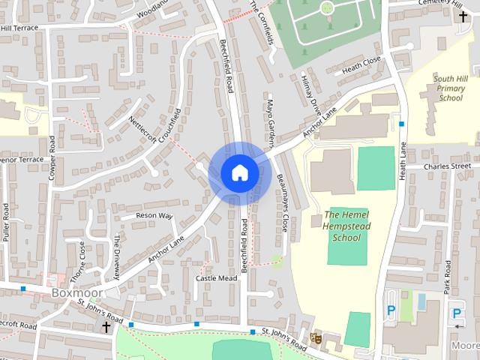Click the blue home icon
[x=240, y=172]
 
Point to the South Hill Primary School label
[x=451, y=88]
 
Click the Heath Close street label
[x=361, y=65]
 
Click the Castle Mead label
[x=216, y=278]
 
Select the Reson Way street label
[x=154, y=216]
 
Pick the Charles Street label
[x=447, y=166]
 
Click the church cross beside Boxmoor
[x=106, y=327]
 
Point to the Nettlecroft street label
[x=145, y=133]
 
